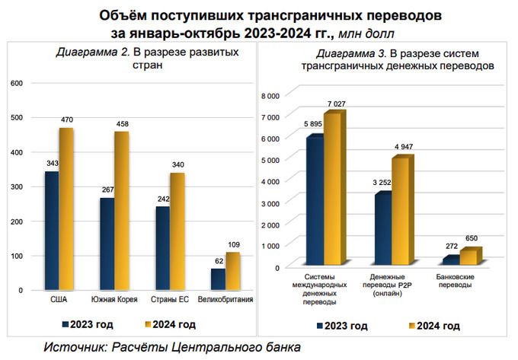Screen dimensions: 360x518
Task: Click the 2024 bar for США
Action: point(66,209)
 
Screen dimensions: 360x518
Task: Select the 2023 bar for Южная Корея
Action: point(107,244)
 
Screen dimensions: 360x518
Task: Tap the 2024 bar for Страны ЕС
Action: point(176,232)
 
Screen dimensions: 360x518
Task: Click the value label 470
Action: point(67,119)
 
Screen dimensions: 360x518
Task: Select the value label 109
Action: point(234,244)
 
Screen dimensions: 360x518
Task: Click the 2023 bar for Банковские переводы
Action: point(451,260)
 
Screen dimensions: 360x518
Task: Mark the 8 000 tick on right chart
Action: point(272,95)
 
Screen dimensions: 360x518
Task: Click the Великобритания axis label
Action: point(225,300)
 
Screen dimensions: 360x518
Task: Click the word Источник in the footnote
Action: point(75,347)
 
